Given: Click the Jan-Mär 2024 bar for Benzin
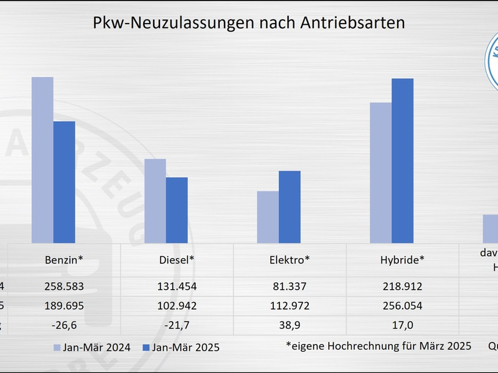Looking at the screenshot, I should pos(42,160).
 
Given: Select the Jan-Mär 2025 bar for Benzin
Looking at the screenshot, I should pos(64,182).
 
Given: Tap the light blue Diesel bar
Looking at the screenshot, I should pos(155,201).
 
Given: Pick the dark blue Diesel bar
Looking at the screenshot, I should pos(177,210).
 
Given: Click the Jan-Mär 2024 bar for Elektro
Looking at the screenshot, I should pos(268,217).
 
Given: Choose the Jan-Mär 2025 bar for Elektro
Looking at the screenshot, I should pos(289,207).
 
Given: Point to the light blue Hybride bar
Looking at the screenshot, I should pos(380,173).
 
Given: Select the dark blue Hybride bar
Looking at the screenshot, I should pos(402,160).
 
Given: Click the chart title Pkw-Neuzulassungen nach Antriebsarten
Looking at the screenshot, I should pos(249,23).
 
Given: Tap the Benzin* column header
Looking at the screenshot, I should pos(64,260).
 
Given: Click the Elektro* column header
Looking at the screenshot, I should pos(289,260).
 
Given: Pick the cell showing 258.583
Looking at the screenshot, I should pos(64,287).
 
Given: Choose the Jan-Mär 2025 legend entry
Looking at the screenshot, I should pos(181,348).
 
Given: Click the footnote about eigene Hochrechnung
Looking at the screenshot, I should pos(378,346).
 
